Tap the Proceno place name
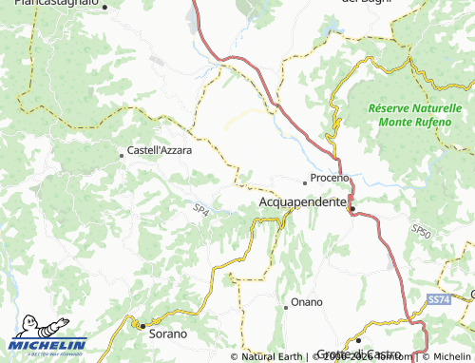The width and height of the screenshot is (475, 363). click(x=331, y=179)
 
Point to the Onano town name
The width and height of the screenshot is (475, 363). click(x=307, y=302)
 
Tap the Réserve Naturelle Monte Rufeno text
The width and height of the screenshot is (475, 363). click(x=408, y=116)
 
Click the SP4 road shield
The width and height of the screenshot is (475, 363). click(x=200, y=209)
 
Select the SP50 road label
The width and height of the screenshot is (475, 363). click(x=422, y=231)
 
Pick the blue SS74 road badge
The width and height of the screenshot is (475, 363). click(x=437, y=299)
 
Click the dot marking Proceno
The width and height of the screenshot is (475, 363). click(x=305, y=181)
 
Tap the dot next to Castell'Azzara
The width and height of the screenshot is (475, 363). click(x=121, y=153)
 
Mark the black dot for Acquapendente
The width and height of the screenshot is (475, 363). click(x=351, y=209)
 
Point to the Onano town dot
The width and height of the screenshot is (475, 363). click(x=286, y=306)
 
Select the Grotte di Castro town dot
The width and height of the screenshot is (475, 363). click(x=359, y=339)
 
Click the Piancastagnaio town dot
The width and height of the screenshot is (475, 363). click(x=105, y=8)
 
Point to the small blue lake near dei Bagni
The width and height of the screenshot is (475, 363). click(x=332, y=29)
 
